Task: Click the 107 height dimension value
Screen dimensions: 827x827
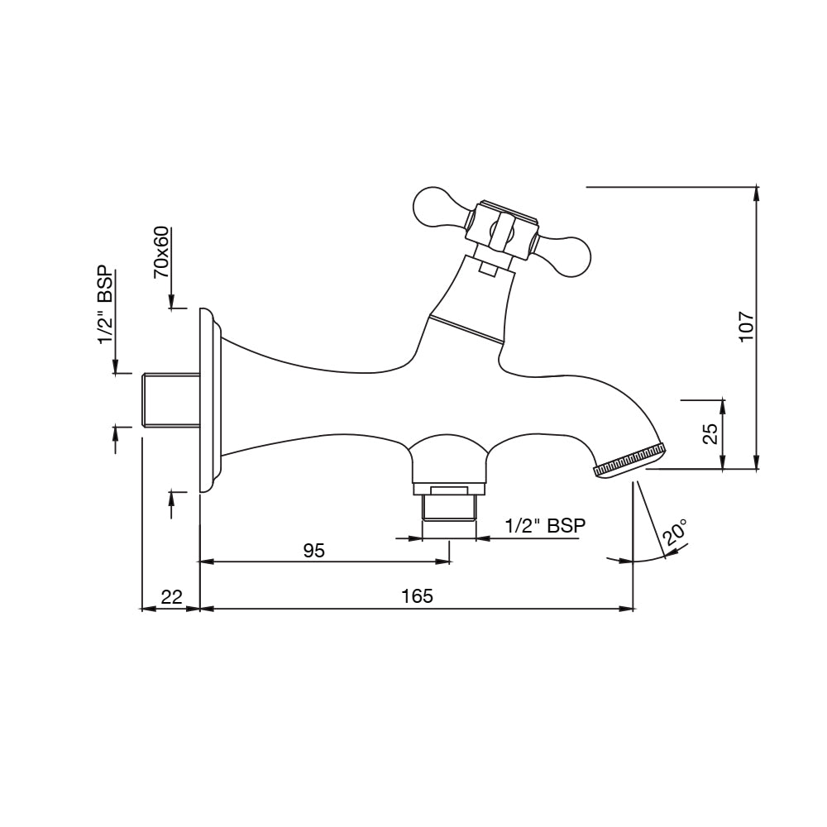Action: [747, 327]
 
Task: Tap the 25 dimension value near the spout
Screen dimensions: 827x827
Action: [710, 434]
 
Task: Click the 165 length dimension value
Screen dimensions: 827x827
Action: [417, 595]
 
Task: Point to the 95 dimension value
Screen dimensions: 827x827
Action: [314, 551]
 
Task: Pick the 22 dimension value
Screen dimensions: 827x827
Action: [171, 596]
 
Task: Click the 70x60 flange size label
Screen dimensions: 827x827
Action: [161, 251]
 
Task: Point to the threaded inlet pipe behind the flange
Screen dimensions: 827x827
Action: [170, 399]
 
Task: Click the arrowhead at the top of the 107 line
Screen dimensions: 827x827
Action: [756, 194]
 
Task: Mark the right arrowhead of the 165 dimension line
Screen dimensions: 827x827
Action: [629, 609]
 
